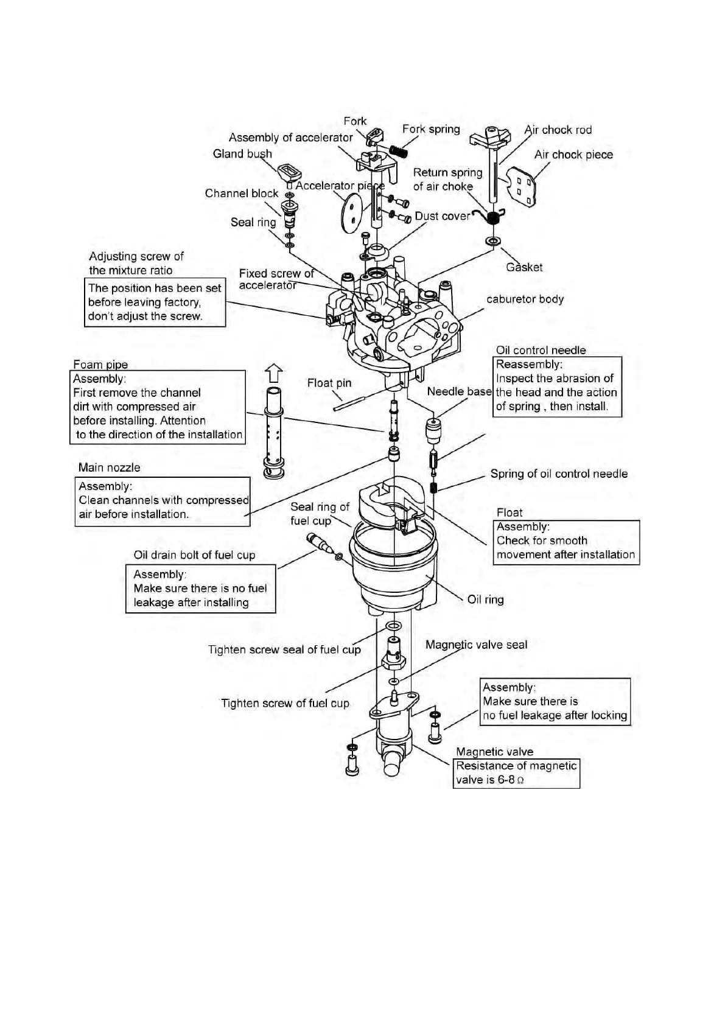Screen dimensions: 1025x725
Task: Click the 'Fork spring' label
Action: (x=430, y=129)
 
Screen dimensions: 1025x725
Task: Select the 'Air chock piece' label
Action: (x=573, y=155)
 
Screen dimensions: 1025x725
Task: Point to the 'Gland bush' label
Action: (x=242, y=154)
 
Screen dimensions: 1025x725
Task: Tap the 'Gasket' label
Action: (x=524, y=267)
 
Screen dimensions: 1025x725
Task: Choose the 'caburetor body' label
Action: (x=525, y=299)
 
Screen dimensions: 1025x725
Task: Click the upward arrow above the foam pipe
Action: (x=275, y=373)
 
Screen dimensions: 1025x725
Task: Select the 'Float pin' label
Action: (x=329, y=383)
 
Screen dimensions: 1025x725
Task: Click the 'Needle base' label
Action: (x=459, y=391)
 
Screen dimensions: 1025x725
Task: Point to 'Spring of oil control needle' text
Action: (x=558, y=474)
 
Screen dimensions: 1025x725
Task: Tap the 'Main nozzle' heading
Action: (x=109, y=467)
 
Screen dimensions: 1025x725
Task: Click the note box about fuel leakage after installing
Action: (x=200, y=589)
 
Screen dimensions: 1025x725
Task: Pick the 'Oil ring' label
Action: (x=485, y=600)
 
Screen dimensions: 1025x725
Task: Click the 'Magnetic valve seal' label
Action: (x=476, y=645)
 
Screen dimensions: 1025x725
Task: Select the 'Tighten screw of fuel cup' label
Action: (x=285, y=704)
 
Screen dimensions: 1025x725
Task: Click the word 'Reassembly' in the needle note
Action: (x=528, y=365)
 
